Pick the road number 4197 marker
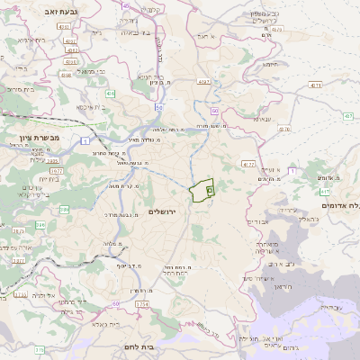point(205,82)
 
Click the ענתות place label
point(262,118)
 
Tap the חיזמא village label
point(271,65)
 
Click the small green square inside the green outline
point(210,191)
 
